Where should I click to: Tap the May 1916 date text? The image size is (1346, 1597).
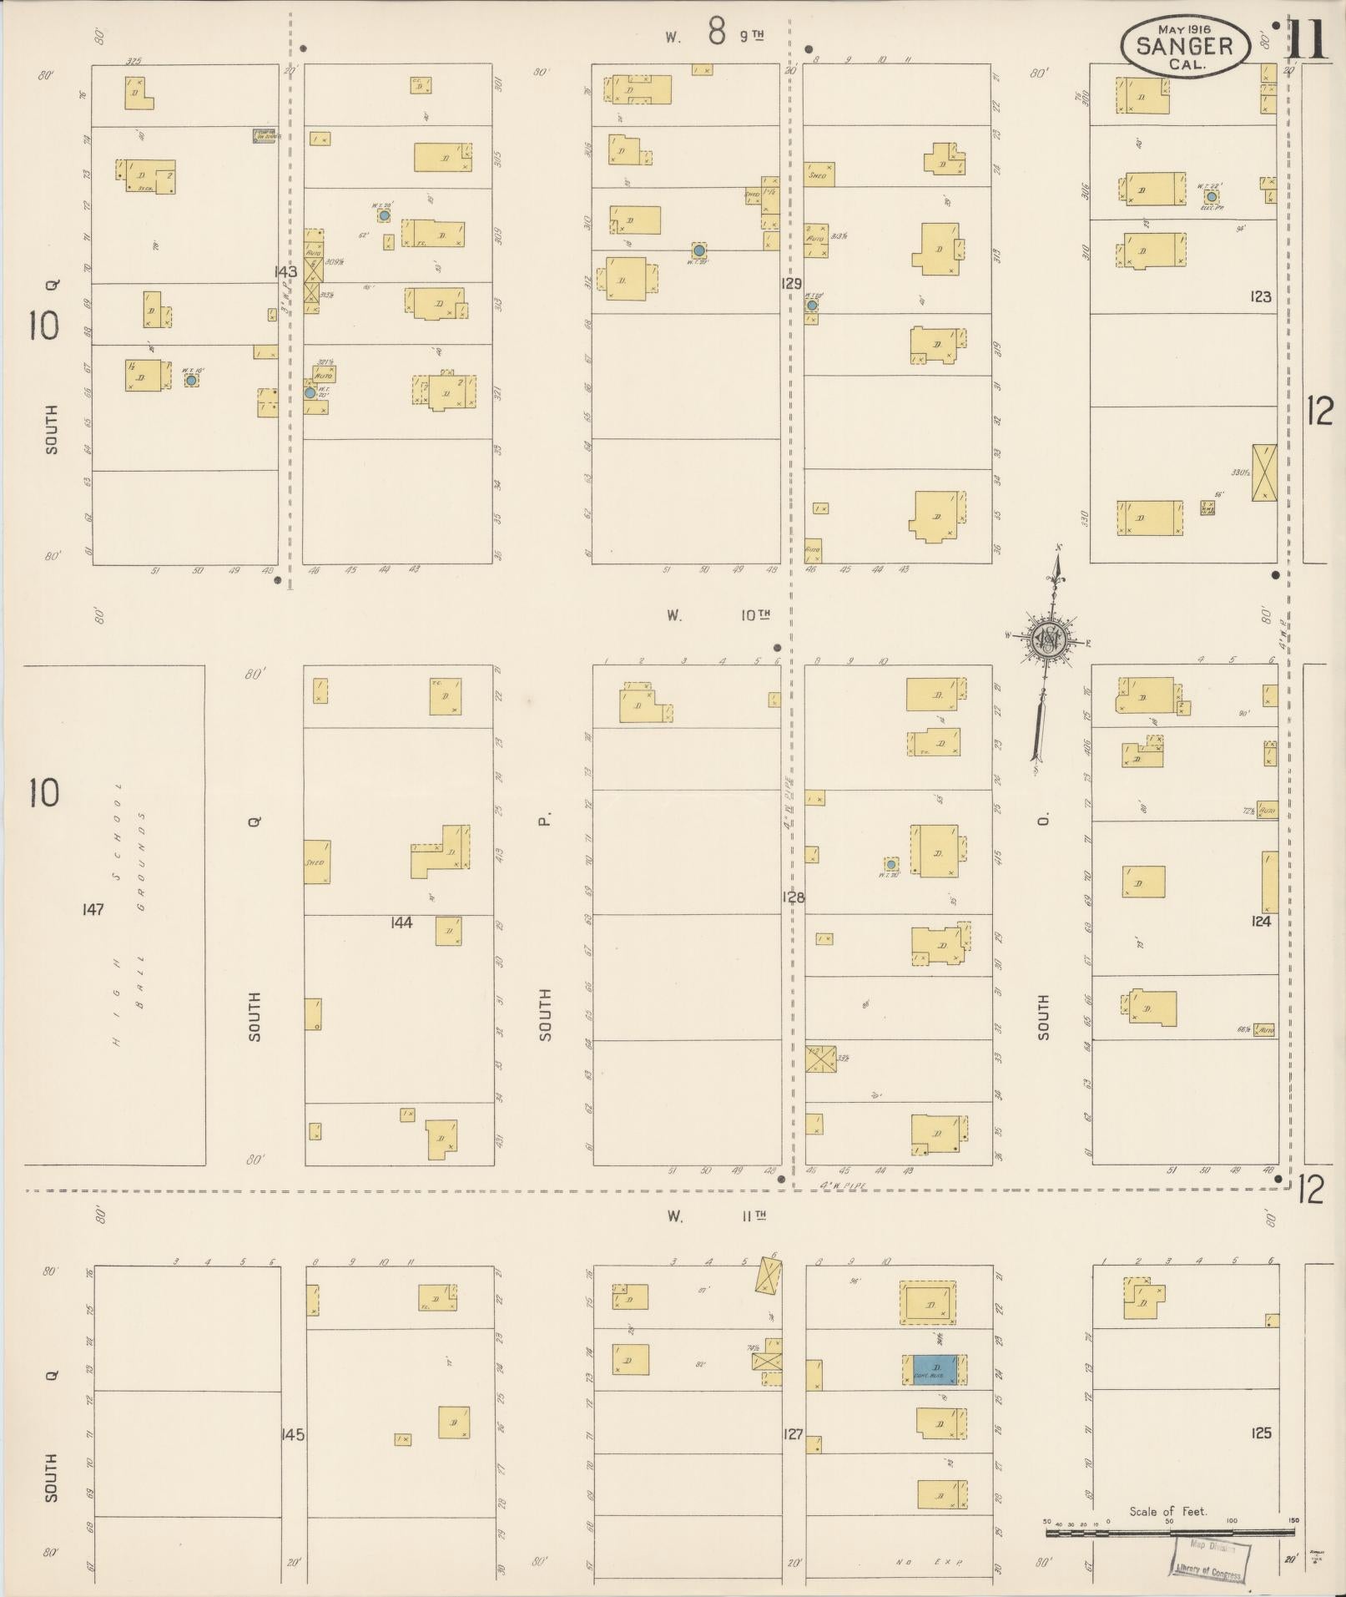[x=1184, y=28]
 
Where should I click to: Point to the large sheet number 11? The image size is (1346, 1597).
[x=1308, y=39]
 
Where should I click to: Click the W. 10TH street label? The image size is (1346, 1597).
[x=718, y=615]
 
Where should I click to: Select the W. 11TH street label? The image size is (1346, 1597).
[x=718, y=1216]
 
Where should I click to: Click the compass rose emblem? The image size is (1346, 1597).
[x=1046, y=641]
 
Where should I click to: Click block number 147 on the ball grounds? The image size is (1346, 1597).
[x=93, y=909]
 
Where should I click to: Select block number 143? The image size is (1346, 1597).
[x=285, y=271]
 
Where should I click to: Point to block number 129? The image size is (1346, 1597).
[x=791, y=284]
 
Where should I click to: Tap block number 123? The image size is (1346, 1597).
[x=1260, y=296]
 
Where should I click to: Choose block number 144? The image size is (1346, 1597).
[x=401, y=922]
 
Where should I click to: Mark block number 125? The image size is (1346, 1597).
[x=1261, y=1433]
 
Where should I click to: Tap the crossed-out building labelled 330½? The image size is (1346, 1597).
[x=1265, y=473]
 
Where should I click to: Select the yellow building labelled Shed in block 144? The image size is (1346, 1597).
[x=317, y=862]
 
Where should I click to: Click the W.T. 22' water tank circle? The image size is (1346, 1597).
[x=1211, y=196]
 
